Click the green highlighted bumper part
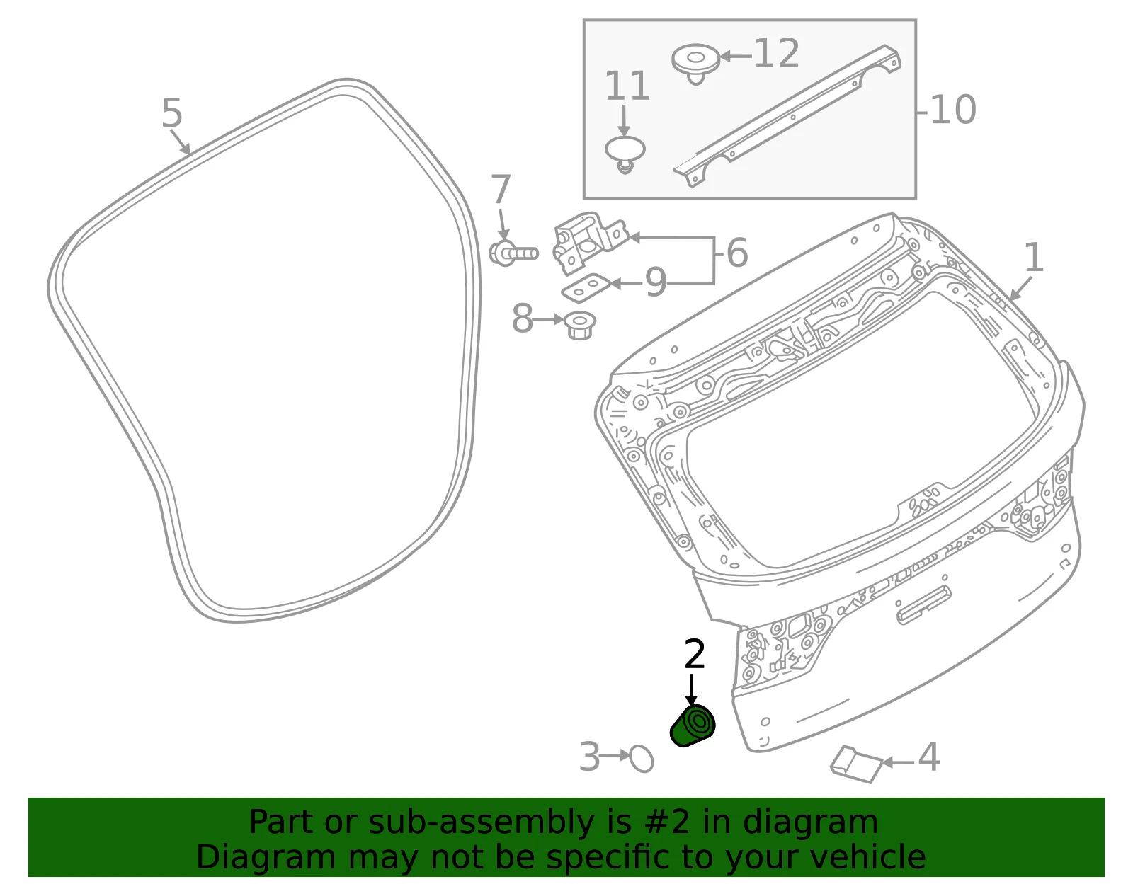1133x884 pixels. point(692,725)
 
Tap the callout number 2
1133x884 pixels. point(695,654)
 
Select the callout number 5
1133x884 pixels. point(172,113)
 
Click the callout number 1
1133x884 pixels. point(1034,258)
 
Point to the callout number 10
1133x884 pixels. point(953,110)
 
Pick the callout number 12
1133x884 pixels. point(777,53)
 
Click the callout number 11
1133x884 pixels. point(627,86)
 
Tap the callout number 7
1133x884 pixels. point(501,189)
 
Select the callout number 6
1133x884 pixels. point(737,253)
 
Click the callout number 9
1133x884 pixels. point(656,282)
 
